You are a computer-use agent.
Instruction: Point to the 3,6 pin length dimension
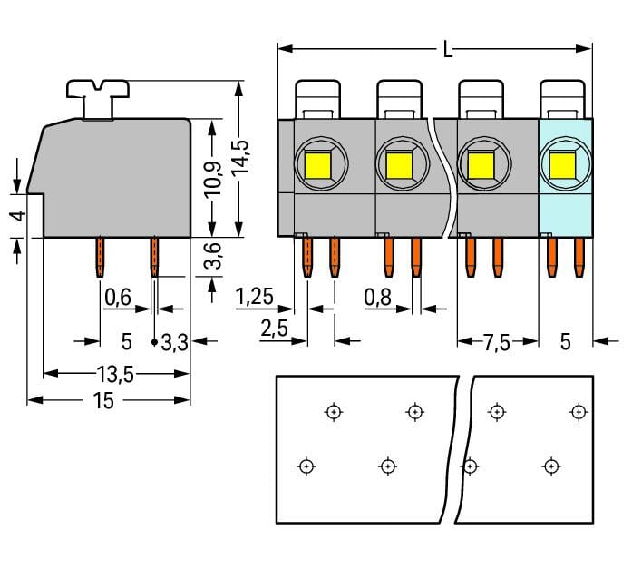[x=211, y=258]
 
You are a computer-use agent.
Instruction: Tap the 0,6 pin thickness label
[x=119, y=297]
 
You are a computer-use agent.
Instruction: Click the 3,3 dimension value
[x=175, y=342]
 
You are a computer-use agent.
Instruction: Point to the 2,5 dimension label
[x=274, y=329]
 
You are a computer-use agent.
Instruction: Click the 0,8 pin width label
[x=378, y=297]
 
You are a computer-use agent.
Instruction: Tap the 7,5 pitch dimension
[x=495, y=342]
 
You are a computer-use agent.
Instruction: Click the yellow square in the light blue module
[x=561, y=165]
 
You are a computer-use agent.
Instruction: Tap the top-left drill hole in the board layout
[x=334, y=412]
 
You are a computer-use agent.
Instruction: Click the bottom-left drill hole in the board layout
[x=306, y=466]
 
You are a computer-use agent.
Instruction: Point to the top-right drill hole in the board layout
[x=577, y=412]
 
